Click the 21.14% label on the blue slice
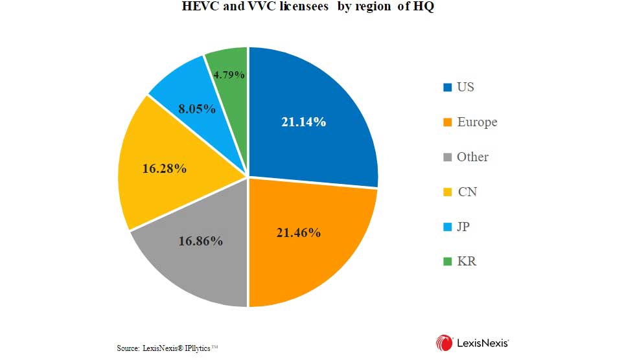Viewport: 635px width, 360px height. point(303,121)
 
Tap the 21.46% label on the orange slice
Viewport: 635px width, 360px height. point(298,232)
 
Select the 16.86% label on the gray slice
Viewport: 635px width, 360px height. point(201,241)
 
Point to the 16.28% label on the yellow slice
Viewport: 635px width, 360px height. point(165,168)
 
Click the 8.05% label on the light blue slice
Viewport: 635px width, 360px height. point(197,109)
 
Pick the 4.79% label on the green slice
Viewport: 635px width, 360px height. point(229,74)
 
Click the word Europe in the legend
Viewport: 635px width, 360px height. point(477,122)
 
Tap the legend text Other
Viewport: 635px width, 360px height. point(472,157)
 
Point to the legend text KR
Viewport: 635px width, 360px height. point(467,262)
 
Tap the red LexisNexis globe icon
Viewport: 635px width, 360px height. point(444,343)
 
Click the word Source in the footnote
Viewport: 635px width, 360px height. point(128,348)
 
